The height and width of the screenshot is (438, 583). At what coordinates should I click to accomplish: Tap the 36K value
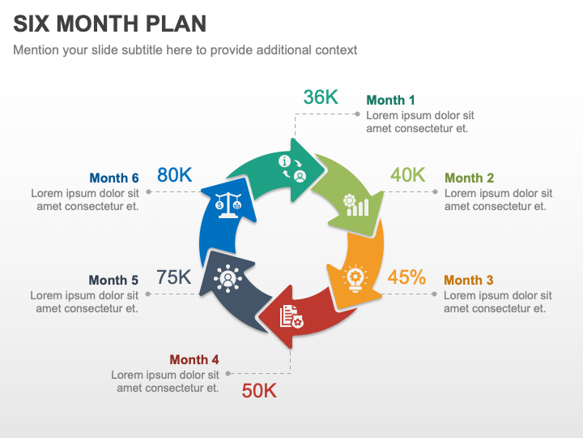tap(320, 97)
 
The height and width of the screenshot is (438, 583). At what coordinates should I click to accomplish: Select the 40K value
tap(407, 175)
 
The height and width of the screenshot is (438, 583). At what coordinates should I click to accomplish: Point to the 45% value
tap(406, 277)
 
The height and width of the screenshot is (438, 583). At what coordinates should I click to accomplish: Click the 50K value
tap(259, 391)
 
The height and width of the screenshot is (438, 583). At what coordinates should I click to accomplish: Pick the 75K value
tap(174, 277)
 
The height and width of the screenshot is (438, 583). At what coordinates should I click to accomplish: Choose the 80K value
tap(174, 174)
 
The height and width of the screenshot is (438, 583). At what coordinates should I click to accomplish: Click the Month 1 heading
tap(390, 101)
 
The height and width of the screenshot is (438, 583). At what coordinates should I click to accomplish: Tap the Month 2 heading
tap(469, 178)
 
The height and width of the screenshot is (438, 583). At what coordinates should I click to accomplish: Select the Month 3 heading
tap(468, 281)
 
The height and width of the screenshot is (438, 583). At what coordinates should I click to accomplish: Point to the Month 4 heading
tap(194, 360)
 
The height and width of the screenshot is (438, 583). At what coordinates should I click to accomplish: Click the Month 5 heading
tap(113, 281)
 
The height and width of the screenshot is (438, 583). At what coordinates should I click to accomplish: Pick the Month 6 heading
tap(114, 178)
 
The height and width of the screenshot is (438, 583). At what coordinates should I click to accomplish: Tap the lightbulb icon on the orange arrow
tap(355, 277)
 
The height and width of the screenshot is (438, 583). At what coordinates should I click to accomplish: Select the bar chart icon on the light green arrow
tap(356, 204)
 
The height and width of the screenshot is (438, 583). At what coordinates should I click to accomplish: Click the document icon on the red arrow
tap(291, 316)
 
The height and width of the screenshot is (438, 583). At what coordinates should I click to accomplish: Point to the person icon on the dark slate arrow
tap(228, 278)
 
